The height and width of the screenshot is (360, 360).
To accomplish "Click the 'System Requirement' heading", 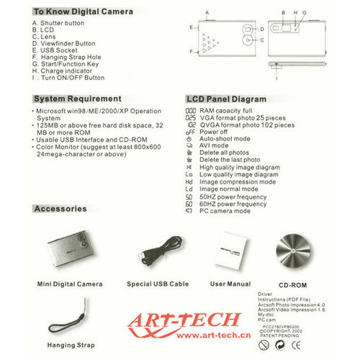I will pyautogui.click(x=77, y=99).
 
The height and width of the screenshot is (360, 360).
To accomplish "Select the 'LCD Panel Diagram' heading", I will pyautogui.click(x=229, y=99).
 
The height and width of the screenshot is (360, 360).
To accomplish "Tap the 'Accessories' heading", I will pyautogui.click(x=60, y=209).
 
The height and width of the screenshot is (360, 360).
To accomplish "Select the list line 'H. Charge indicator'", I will pyautogui.click(x=65, y=71).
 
